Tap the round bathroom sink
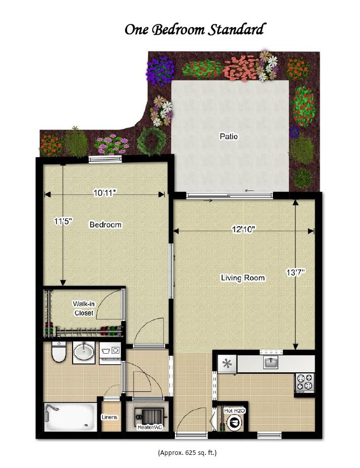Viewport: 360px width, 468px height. tap(84, 353)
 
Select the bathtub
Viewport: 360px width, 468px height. tap(70, 417)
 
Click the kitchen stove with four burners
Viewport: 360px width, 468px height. tap(305, 382)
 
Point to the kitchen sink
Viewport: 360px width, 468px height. tap(271, 362)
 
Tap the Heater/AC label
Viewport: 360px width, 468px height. tap(150, 427)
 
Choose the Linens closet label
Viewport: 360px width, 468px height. tap(109, 417)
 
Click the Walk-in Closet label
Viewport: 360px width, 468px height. tap(84, 308)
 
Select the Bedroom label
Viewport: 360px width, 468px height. tap(105, 225)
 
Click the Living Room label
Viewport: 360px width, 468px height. tap(243, 278)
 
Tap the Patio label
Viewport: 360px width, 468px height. tap(229, 137)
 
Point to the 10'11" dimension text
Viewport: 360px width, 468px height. tap(104, 193)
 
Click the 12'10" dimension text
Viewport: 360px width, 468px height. tap(244, 230)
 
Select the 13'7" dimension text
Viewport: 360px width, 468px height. tap(295, 272)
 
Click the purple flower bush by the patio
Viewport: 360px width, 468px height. tap(160, 71)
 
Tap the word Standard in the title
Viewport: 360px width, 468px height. tap(236, 30)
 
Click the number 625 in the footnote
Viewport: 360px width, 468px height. tap(190, 452)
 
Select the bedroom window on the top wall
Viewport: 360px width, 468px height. tap(105, 159)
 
